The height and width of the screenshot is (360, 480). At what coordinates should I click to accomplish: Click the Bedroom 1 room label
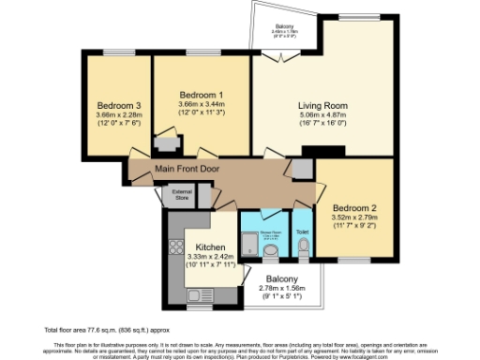(202, 95)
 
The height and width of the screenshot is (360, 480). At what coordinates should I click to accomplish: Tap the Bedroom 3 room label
(118, 105)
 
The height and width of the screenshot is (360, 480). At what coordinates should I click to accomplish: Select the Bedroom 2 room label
(352, 207)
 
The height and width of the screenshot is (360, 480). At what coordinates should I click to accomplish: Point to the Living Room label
(322, 105)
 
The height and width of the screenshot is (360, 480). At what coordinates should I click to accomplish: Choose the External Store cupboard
(181, 196)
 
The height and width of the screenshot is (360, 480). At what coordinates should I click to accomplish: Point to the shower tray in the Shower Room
(248, 247)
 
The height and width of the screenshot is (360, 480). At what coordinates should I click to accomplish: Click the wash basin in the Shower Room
(273, 250)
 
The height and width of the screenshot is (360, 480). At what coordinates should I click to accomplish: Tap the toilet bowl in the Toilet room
(303, 246)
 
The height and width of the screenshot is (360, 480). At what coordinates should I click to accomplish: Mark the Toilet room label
(302, 231)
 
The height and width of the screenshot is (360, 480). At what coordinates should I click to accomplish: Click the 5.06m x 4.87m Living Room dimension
(322, 115)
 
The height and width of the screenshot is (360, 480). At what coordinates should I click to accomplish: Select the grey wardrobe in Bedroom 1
(169, 143)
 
